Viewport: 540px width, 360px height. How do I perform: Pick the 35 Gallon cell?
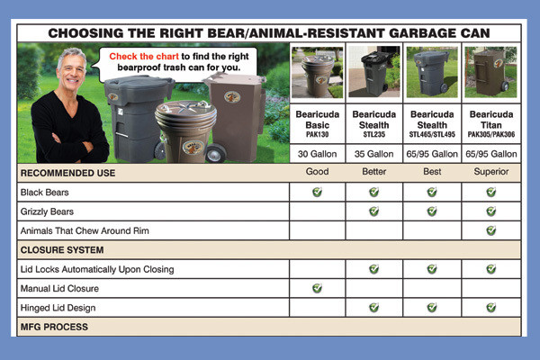[x=373, y=153]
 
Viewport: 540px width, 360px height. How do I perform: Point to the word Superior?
[x=490, y=171]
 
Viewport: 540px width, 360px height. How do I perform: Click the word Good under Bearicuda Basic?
[x=316, y=171]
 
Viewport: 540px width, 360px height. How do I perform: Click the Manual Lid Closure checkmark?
[x=316, y=288]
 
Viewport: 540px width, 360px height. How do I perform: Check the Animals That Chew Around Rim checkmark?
[x=490, y=230]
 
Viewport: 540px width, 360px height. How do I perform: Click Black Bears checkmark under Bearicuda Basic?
[x=316, y=192]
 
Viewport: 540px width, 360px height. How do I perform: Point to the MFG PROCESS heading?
[x=54, y=327]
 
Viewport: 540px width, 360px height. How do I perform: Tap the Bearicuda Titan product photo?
[x=490, y=72]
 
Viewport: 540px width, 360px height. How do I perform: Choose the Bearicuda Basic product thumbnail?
[x=316, y=72]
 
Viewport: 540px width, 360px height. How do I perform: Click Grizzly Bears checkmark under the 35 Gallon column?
[x=373, y=211]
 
